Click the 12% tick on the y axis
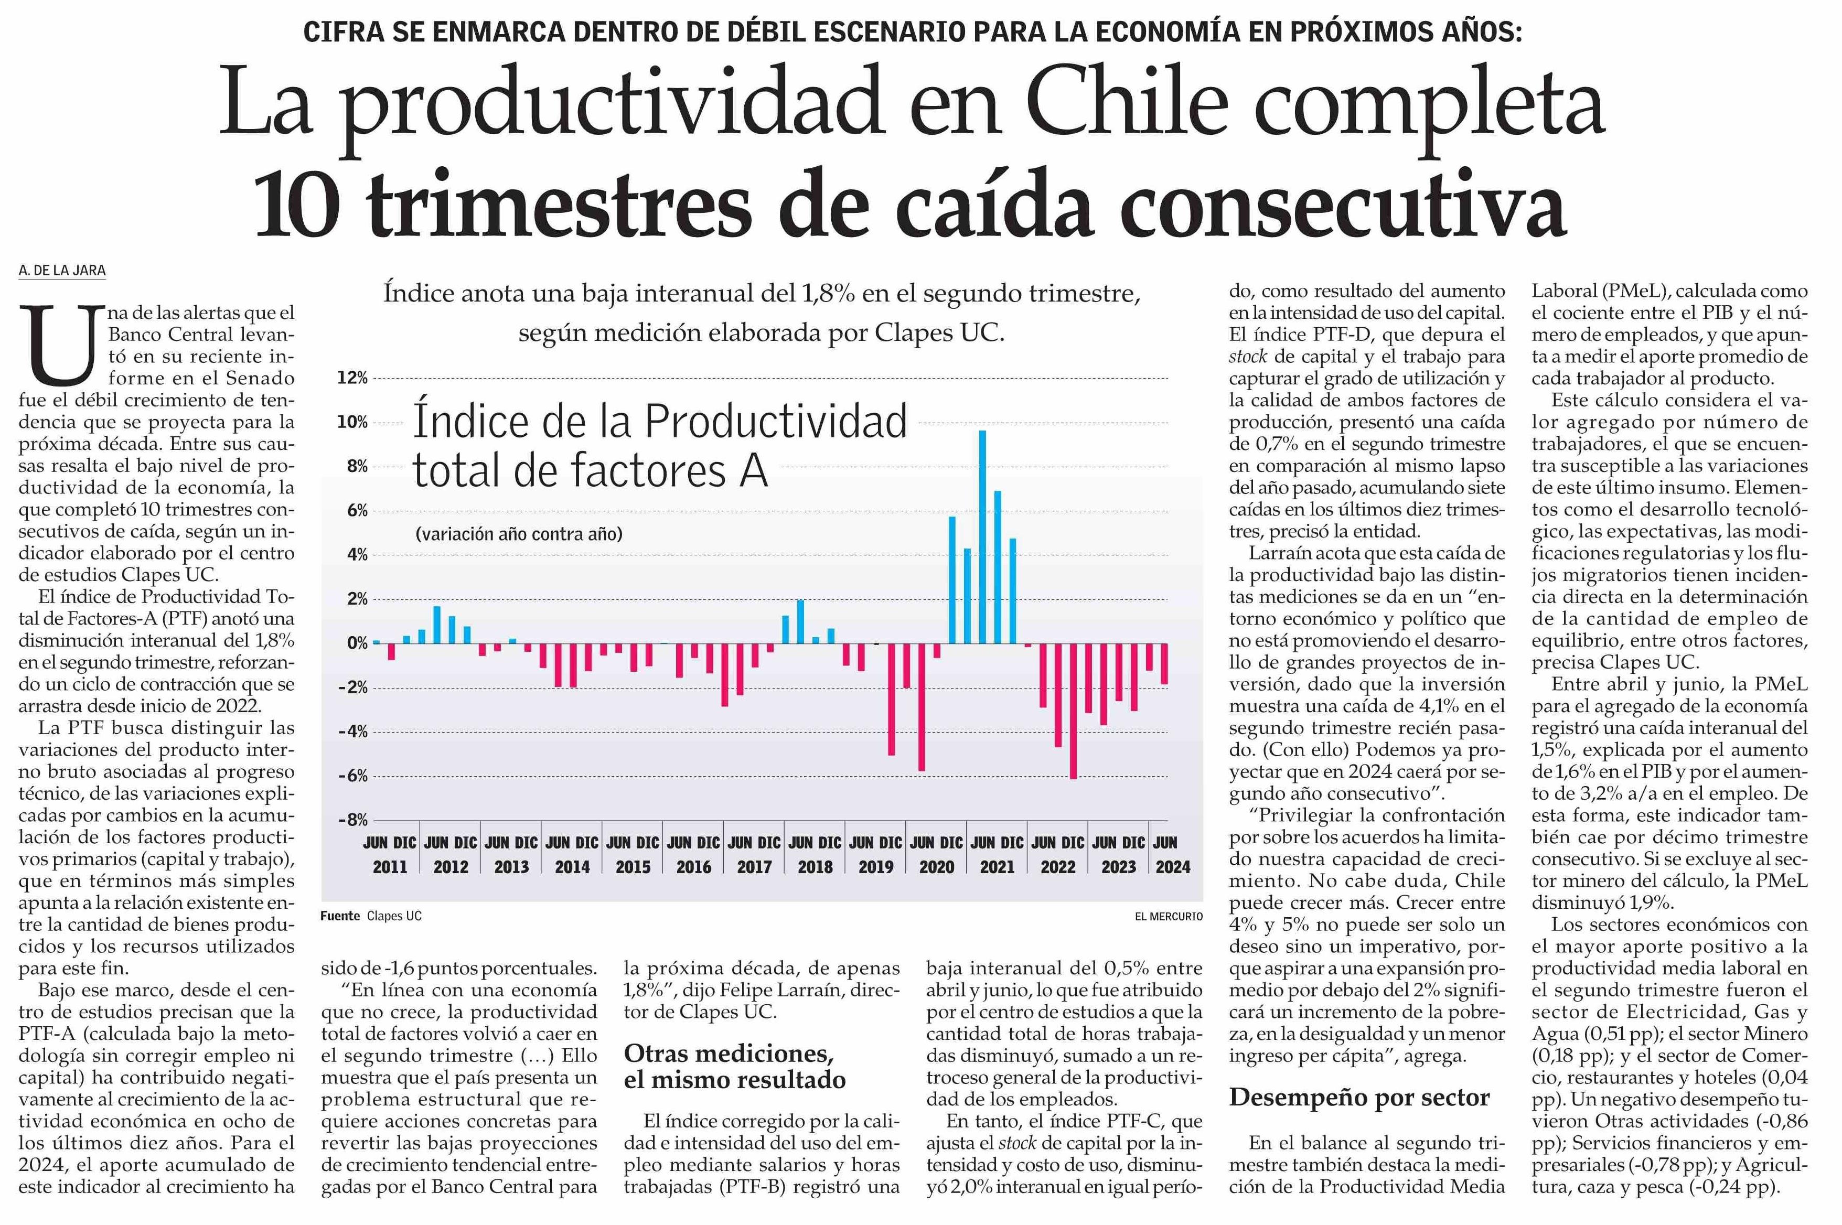(352, 378)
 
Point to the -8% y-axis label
(352, 820)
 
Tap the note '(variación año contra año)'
(519, 534)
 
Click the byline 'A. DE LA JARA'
(62, 270)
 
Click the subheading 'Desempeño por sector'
(1358, 1097)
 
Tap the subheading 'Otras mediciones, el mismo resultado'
(734, 1067)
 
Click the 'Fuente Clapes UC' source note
(370, 916)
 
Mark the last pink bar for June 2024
(1164, 663)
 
